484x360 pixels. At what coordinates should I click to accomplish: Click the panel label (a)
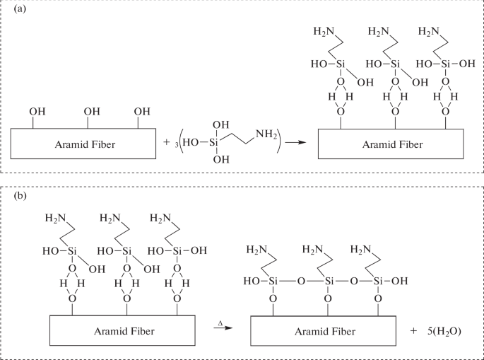click(x=12, y=11)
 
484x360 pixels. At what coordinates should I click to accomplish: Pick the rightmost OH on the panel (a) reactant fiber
click(x=142, y=111)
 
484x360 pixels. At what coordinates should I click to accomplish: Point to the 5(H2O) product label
click(x=443, y=330)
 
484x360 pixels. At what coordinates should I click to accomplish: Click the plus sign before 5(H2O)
click(x=413, y=330)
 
